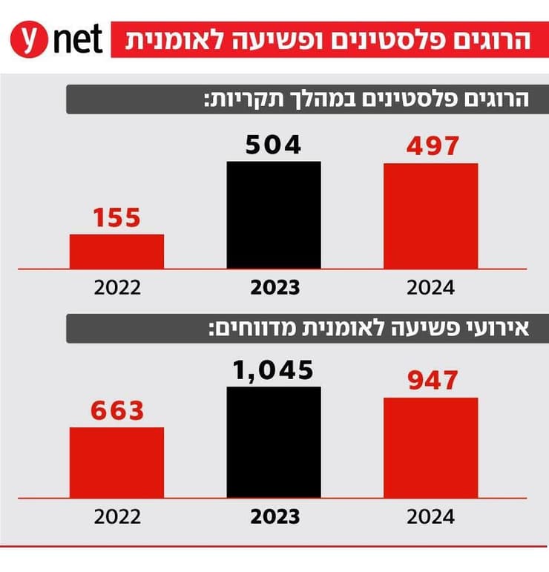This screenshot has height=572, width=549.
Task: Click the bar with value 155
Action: point(116,252)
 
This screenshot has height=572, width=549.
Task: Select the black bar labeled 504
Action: point(274,215)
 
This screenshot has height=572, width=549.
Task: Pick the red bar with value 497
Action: point(430,216)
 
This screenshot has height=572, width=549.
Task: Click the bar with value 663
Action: point(116,461)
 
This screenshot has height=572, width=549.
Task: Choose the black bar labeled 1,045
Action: point(274,441)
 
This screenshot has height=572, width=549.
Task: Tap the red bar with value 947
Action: point(430,447)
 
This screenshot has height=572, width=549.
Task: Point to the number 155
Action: point(116,218)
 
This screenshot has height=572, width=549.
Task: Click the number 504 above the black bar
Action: point(274,145)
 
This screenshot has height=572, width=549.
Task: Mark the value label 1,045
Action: point(274,369)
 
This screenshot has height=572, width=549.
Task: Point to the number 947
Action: point(430,381)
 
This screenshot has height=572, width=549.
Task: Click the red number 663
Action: point(116,410)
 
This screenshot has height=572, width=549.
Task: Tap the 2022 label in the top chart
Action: point(116,288)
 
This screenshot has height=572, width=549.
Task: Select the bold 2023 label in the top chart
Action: point(274,288)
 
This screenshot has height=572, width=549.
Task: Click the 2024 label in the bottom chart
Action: point(430,516)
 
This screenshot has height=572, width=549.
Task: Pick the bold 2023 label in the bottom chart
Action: point(274,516)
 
